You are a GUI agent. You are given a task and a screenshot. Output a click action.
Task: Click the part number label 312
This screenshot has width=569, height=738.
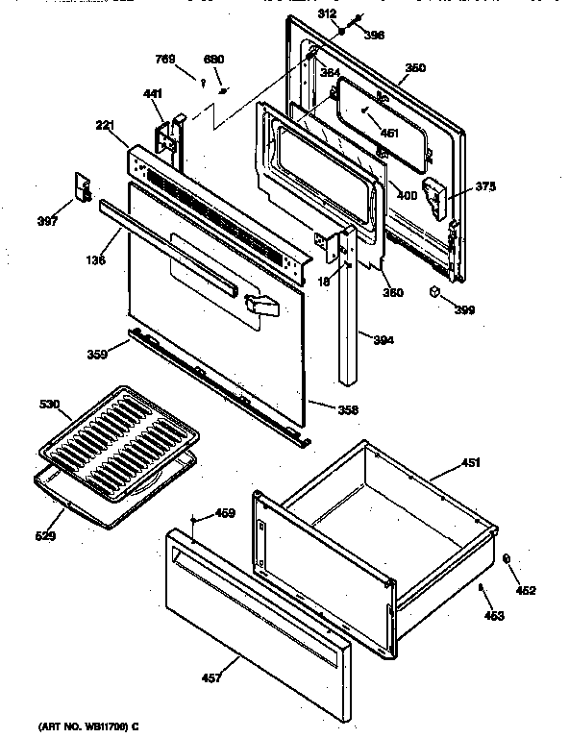click(328, 14)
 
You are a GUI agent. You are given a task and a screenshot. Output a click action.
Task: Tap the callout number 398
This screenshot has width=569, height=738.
click(374, 36)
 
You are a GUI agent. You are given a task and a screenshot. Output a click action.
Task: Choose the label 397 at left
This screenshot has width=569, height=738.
click(46, 222)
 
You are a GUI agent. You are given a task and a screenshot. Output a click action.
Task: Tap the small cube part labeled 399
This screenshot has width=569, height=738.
click(434, 291)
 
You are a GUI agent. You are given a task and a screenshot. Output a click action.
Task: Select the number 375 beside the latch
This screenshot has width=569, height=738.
click(486, 186)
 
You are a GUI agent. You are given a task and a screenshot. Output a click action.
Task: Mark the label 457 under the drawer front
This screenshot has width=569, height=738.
click(210, 678)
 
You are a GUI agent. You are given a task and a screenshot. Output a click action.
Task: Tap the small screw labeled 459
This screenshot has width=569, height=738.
click(196, 520)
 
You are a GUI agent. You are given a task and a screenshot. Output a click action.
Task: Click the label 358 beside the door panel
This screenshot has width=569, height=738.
click(348, 410)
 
